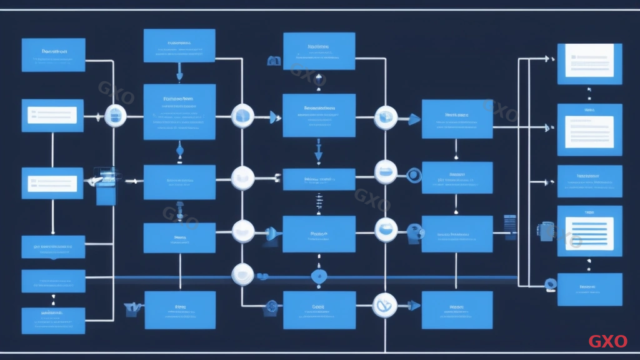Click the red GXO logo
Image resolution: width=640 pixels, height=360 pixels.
point(607,341)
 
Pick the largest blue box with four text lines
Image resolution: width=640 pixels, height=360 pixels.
point(179,111)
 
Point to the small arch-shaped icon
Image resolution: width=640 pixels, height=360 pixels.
point(272,61)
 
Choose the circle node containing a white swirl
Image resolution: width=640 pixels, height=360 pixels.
point(384,306)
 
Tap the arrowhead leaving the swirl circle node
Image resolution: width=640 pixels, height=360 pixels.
point(414,306)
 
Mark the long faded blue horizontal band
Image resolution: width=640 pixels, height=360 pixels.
point(312,277)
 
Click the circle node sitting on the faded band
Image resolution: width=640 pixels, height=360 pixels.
point(242,274)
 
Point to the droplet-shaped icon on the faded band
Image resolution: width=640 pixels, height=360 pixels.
point(319,276)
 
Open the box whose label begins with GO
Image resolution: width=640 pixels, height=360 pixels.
point(53,247)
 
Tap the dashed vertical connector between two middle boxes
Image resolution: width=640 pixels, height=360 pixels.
point(319,202)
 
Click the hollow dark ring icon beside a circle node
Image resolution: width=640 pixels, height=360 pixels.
point(412,176)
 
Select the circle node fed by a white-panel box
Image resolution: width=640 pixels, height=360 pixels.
point(116,116)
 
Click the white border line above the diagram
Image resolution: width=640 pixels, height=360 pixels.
point(320,9)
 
